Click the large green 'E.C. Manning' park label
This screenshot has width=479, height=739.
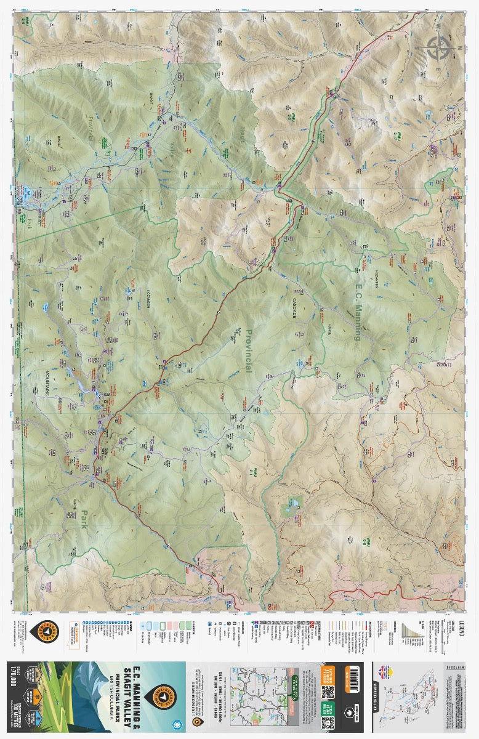tap(357, 304)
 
